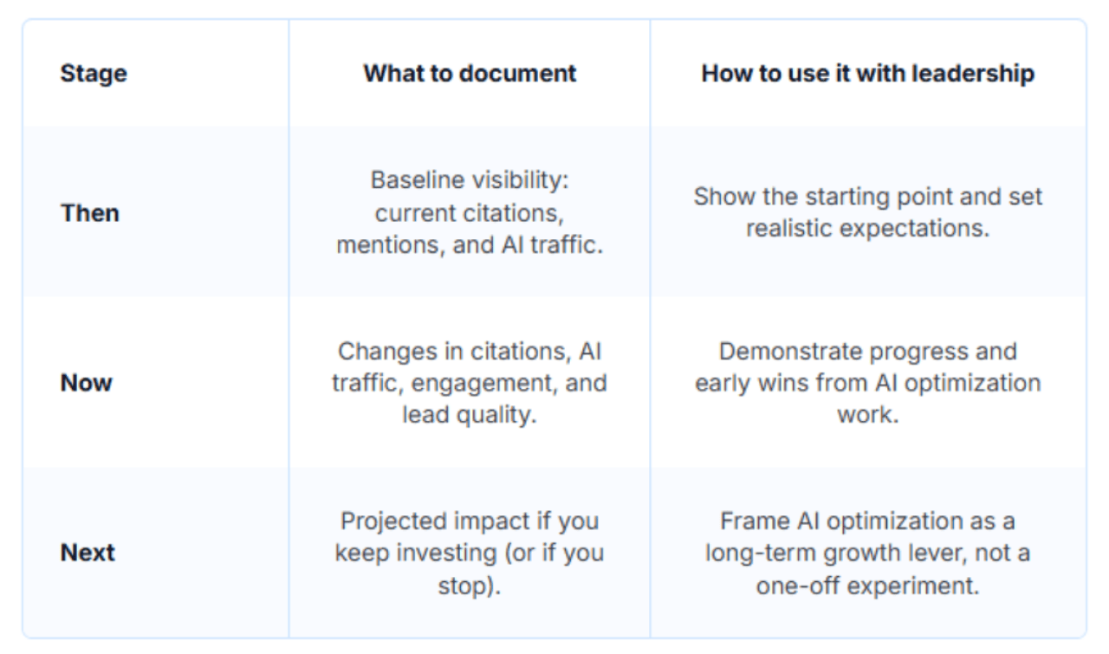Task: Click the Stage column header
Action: tap(94, 74)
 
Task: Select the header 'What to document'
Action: tap(470, 74)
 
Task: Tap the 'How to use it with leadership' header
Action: tap(867, 74)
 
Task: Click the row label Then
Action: tap(90, 213)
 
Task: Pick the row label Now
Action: tap(87, 383)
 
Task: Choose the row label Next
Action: tap(88, 553)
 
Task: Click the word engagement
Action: tap(509, 383)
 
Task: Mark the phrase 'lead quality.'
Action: tap(469, 415)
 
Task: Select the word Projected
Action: tap(396, 521)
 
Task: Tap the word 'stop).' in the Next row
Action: tap(469, 585)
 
